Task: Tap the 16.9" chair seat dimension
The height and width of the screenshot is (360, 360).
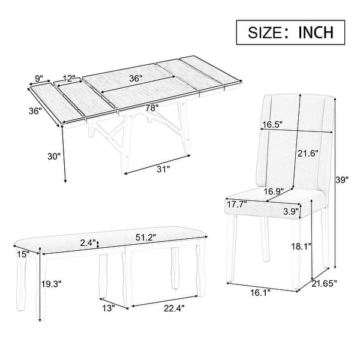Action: point(271,191)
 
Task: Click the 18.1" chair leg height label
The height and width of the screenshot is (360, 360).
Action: point(301,246)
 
